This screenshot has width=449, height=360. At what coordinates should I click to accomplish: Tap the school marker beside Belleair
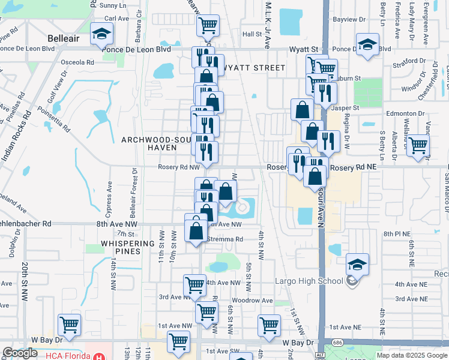pos(101,35)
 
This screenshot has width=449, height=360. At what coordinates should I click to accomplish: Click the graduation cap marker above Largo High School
pos(357,264)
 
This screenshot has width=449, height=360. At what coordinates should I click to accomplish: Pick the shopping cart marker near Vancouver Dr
pos(418,145)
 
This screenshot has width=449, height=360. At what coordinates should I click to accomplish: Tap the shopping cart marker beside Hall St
pos(208,26)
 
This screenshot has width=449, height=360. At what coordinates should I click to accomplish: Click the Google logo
pos(20,353)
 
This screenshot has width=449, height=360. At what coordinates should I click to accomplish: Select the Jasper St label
pos(345,108)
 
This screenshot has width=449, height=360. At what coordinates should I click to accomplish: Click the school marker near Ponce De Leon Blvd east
pos(367,45)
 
